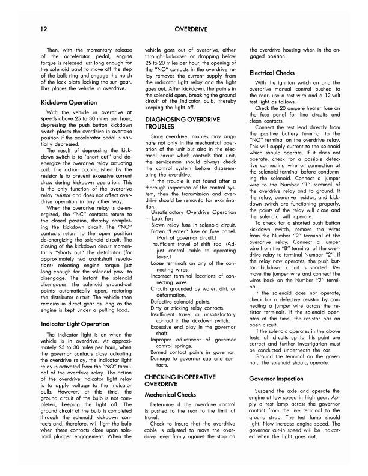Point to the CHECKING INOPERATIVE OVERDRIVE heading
181,361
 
